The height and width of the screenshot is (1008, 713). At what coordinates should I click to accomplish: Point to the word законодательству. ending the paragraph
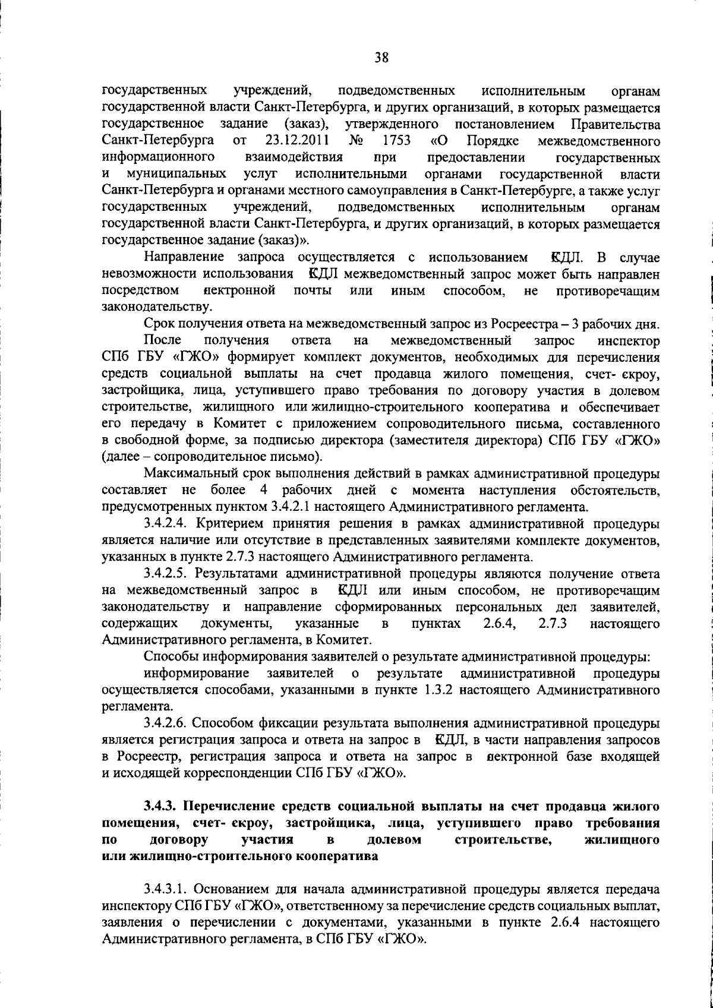click(x=157, y=308)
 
